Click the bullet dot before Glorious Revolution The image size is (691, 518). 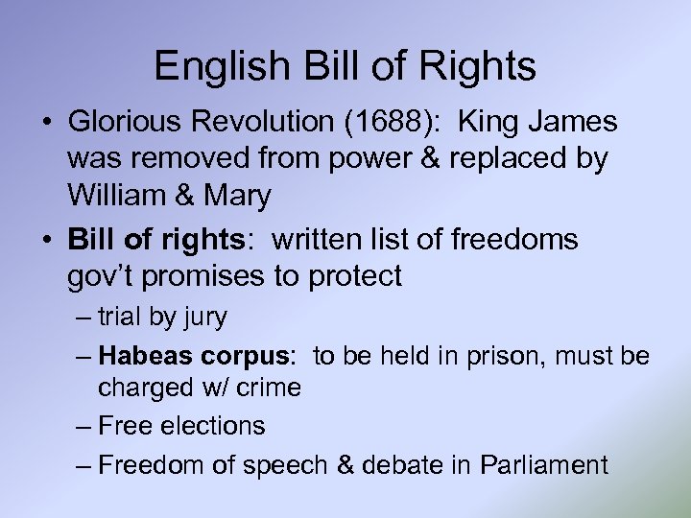coord(45,124)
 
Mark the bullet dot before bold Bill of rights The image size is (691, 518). coord(45,240)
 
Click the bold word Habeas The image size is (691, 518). coord(147,356)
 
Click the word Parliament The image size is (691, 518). coord(544,465)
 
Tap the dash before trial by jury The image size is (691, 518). coord(83,317)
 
